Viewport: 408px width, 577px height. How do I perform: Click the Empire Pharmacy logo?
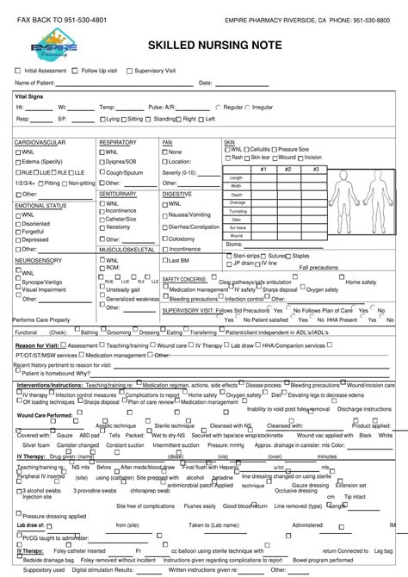click(53, 45)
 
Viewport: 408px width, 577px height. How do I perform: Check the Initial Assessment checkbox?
click(17, 70)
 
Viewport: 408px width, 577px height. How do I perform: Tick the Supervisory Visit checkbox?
click(129, 70)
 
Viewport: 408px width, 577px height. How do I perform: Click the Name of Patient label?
click(35, 83)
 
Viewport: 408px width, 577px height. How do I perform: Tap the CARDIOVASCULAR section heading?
click(40, 141)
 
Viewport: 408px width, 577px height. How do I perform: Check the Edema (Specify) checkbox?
click(17, 162)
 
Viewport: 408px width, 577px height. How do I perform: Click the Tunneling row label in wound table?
click(237, 211)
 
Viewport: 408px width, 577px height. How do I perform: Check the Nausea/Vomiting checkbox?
click(165, 214)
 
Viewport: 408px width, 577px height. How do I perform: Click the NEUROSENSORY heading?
click(38, 259)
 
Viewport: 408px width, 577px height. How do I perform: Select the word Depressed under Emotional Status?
click(35, 239)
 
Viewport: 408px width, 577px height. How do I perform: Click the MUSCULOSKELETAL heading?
click(127, 249)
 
